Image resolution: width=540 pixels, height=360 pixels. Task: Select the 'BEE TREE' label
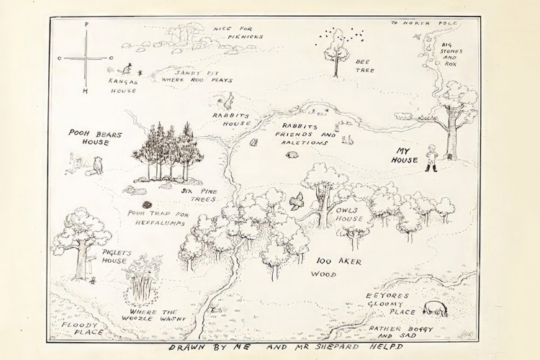tap(365, 66)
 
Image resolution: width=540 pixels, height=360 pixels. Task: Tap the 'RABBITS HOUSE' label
tap(231, 119)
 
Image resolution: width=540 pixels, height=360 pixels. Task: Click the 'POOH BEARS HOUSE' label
tap(95, 138)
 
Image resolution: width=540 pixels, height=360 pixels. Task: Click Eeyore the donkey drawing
tap(435, 308)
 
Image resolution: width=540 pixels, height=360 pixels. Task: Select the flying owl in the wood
tap(296, 202)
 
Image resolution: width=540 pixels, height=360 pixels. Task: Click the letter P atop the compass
tap(86, 24)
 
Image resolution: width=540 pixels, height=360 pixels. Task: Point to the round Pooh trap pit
tap(147, 204)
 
